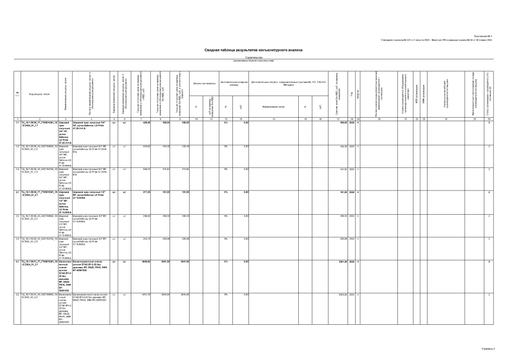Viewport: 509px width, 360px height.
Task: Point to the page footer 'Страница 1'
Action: point(488,348)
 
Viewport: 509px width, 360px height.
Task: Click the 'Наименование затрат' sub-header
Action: point(274,106)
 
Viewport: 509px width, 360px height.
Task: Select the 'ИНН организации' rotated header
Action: point(424,94)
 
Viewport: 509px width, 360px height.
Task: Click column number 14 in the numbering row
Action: point(274,119)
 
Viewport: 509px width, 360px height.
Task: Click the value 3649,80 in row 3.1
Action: point(146,262)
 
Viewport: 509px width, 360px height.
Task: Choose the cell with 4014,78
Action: point(146,295)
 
